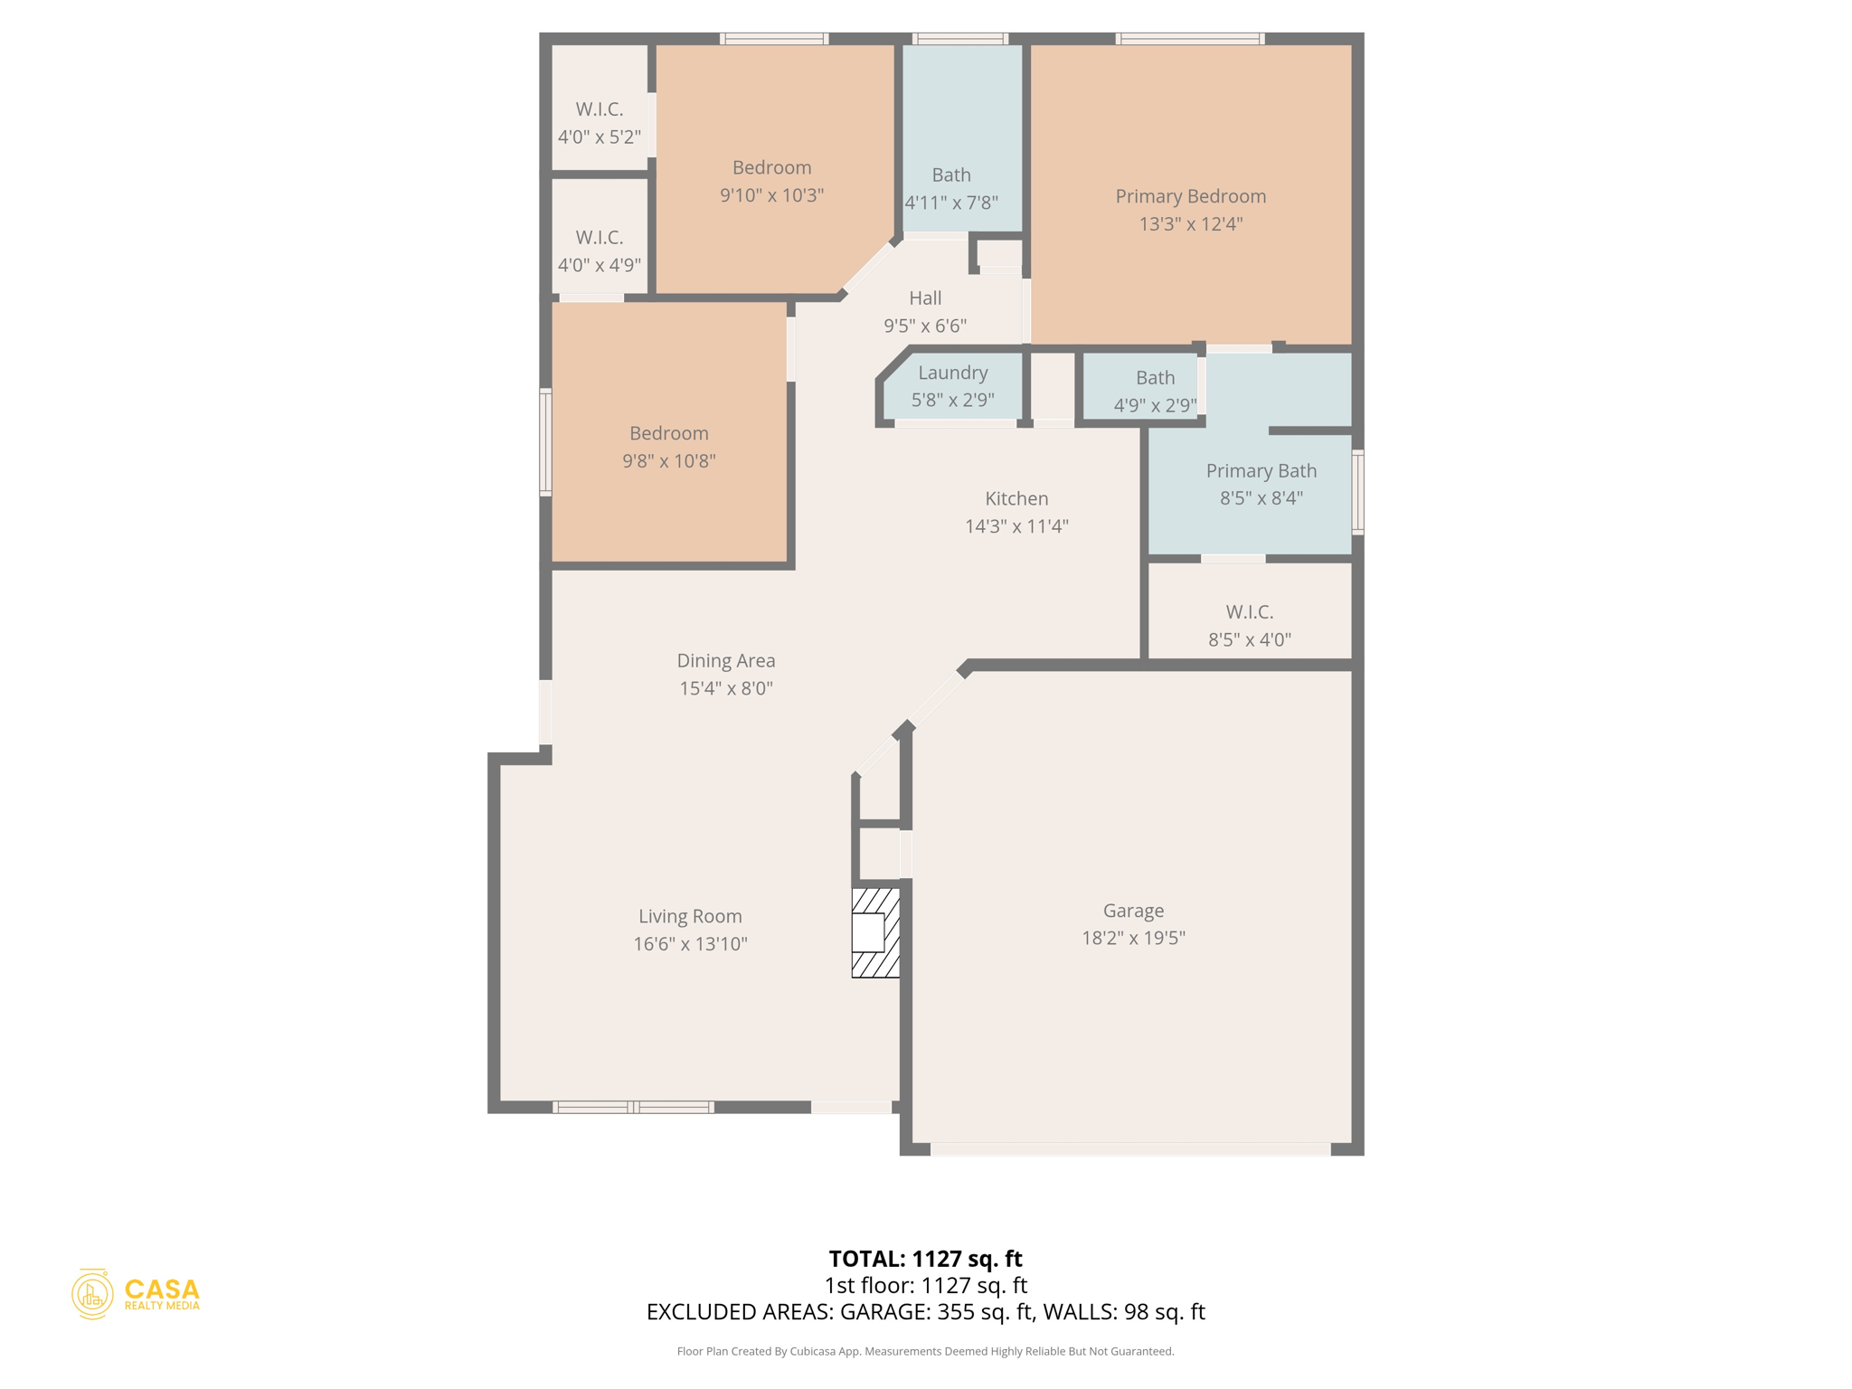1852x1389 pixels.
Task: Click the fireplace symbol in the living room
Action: point(875,932)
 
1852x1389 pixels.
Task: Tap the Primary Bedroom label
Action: point(1190,196)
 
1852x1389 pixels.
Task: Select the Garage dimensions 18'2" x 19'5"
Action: point(1133,938)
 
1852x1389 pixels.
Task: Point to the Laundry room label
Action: point(952,373)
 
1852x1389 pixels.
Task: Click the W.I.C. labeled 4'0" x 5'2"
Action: point(599,123)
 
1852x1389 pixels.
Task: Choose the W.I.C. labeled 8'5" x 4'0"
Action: point(1249,626)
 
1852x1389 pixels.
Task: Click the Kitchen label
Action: point(1016,498)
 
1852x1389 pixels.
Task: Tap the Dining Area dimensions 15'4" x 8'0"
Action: point(725,688)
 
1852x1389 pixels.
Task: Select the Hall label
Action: point(925,298)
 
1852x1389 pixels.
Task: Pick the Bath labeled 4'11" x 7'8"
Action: point(951,188)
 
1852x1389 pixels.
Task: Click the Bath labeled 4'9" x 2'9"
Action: point(1155,391)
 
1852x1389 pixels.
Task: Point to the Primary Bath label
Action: point(1261,470)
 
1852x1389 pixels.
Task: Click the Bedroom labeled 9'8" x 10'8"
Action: point(668,447)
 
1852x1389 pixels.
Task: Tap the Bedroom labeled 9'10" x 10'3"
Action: point(771,181)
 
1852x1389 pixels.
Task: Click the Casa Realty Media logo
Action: point(136,1294)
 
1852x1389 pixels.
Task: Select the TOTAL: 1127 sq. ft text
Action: point(925,1258)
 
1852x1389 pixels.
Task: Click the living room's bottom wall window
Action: point(633,1107)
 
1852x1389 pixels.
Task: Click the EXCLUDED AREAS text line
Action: point(925,1311)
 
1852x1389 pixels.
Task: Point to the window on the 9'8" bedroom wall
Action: point(545,442)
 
